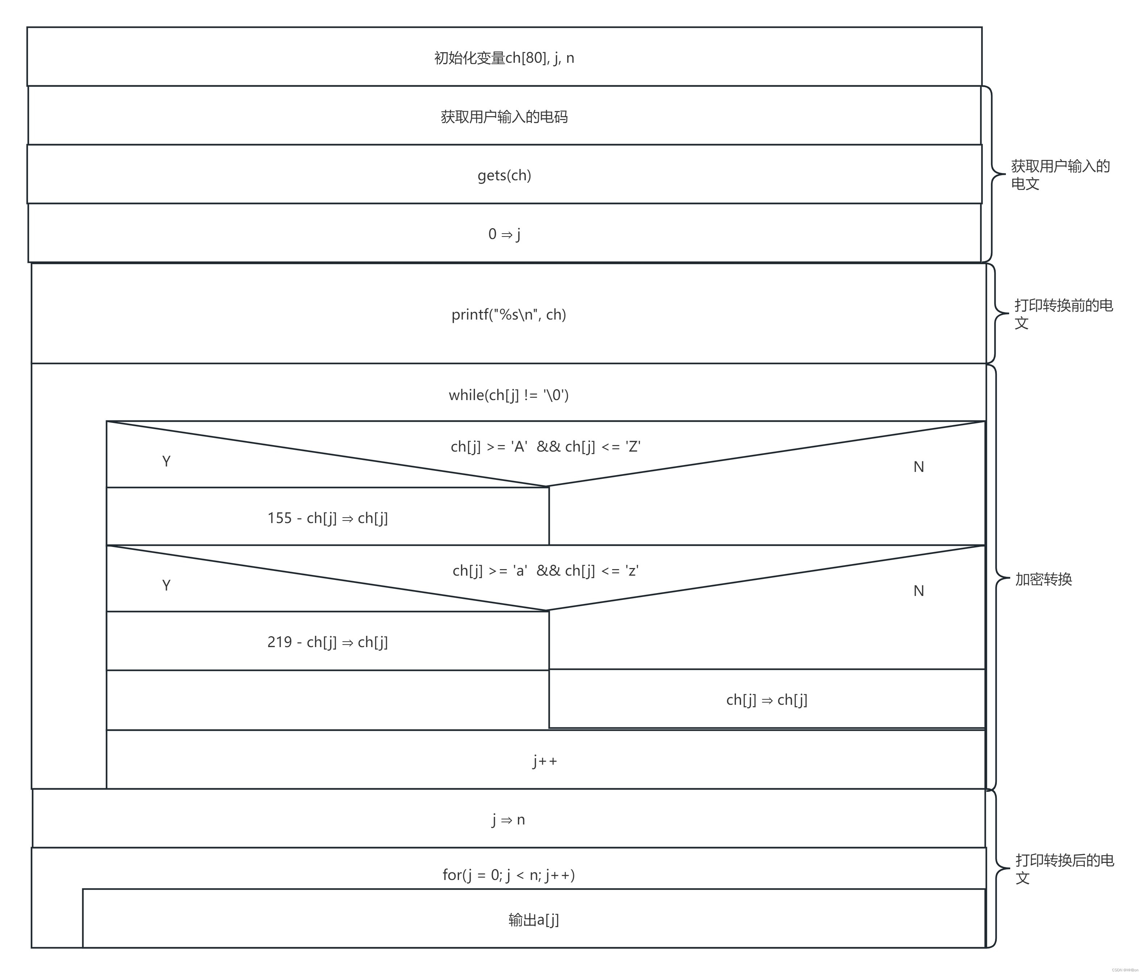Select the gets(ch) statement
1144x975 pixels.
504,175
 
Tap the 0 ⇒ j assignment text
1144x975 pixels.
504,234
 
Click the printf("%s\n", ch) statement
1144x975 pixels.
509,314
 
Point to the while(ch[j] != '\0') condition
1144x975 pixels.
509,395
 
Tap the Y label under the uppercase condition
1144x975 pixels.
166,461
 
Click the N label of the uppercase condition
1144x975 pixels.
918,467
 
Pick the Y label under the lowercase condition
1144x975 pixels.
166,585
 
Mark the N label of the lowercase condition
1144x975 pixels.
918,591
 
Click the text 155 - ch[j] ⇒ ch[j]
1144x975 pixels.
327,518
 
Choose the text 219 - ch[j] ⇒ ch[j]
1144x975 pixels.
327,642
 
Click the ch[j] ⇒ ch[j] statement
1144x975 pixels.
766,700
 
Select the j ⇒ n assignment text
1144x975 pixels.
509,819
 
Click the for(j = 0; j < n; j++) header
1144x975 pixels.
509,875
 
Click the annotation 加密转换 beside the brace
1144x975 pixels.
1043,580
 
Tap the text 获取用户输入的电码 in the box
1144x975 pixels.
504,117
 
